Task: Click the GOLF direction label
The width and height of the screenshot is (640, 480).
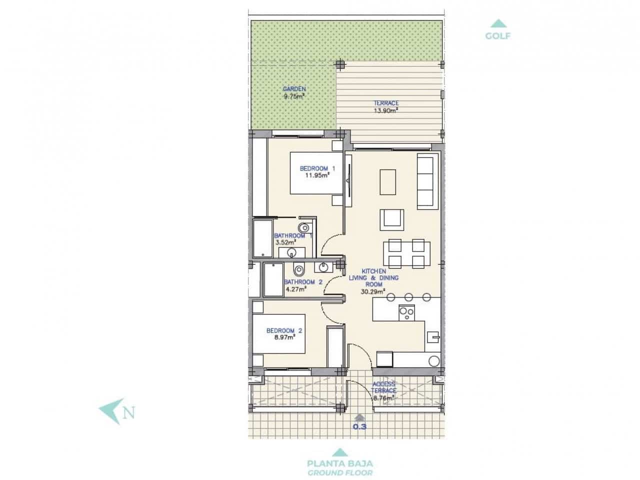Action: (497, 36)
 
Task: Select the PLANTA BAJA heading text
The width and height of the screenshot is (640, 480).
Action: (340, 463)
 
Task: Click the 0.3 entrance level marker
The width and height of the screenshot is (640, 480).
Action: (359, 426)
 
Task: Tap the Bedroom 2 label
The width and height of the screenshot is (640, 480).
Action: (284, 330)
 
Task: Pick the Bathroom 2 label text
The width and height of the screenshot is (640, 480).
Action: (299, 282)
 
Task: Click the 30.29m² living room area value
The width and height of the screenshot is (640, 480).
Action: (372, 290)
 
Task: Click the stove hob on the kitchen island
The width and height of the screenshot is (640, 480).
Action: (406, 312)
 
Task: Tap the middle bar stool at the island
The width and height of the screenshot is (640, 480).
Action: (409, 296)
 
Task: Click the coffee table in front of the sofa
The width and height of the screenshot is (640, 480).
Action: (388, 182)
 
